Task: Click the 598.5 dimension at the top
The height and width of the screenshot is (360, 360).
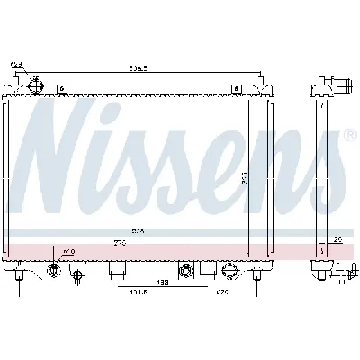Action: click(x=138, y=66)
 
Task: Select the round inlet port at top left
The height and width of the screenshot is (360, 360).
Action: click(x=37, y=86)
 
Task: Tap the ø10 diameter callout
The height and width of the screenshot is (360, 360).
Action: click(x=69, y=251)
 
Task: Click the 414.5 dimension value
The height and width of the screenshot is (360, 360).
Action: click(x=137, y=292)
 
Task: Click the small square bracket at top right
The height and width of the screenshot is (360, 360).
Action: click(x=236, y=88)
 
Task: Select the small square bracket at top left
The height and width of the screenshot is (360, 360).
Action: click(x=61, y=88)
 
